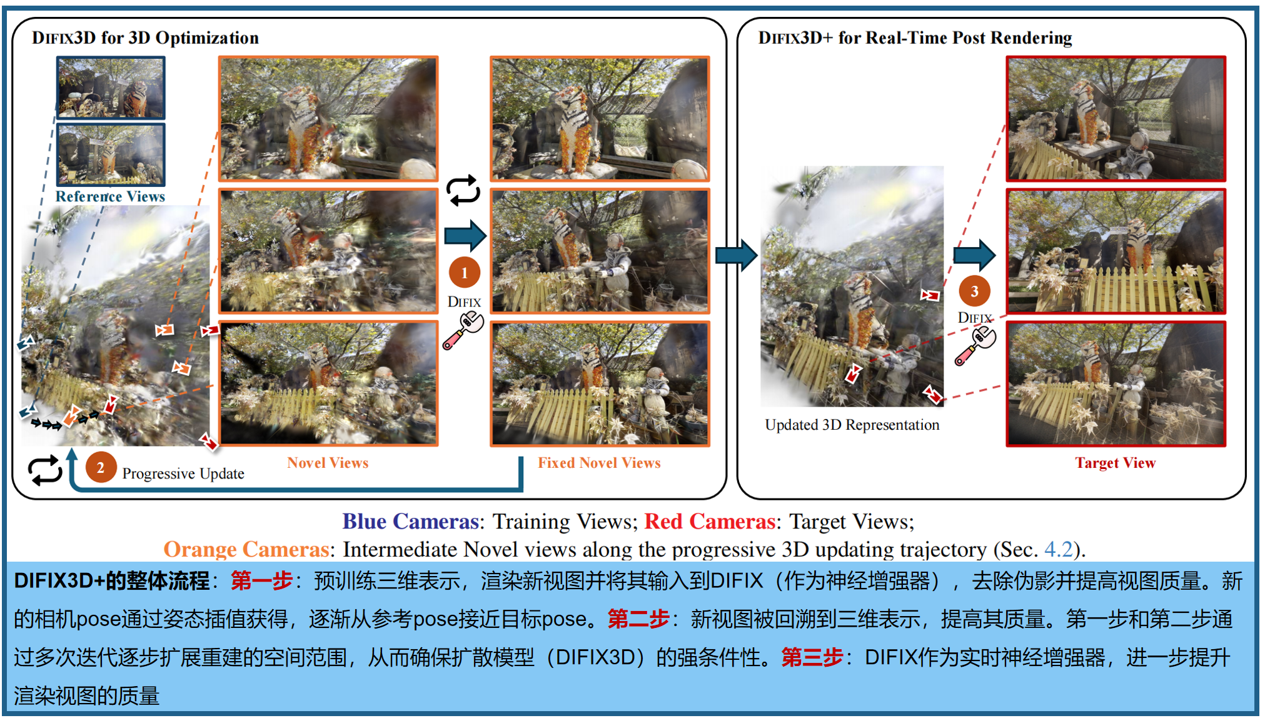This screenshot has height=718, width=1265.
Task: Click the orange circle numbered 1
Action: [x=464, y=273]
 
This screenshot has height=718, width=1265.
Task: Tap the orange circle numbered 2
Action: [x=101, y=467]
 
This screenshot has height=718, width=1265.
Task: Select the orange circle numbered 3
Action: [x=974, y=291]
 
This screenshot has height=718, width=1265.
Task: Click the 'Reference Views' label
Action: [x=110, y=196]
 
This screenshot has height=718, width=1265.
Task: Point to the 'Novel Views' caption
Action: [x=328, y=463]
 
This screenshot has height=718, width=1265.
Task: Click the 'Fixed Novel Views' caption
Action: [x=599, y=463]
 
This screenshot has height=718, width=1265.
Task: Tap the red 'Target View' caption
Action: [x=1116, y=463]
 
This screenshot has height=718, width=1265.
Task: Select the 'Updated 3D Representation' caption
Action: [x=852, y=425]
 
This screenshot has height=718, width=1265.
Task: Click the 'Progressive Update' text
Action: [x=183, y=473]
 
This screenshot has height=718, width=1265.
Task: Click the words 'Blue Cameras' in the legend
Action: [x=411, y=521]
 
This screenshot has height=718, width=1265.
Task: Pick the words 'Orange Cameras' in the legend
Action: [x=246, y=549]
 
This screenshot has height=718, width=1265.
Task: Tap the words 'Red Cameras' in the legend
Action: [x=710, y=521]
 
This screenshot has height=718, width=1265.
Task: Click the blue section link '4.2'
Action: [x=1059, y=549]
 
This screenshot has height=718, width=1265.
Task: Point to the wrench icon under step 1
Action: [x=463, y=331]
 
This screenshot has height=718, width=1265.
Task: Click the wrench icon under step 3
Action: [x=975, y=345]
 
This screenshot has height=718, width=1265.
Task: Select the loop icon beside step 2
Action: [x=45, y=470]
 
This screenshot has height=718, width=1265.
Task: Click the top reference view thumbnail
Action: [x=111, y=88]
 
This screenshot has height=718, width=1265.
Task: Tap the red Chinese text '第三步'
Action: [x=812, y=657]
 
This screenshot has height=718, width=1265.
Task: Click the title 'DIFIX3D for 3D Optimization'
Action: [x=145, y=38]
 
